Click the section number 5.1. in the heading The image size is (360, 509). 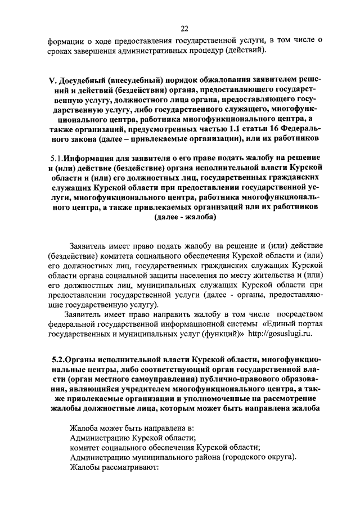[56, 157]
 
